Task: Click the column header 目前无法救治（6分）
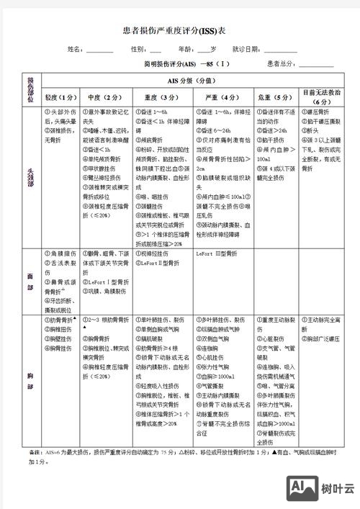coord(321,97)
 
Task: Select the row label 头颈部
coord(31,176)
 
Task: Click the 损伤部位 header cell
coord(31,89)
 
